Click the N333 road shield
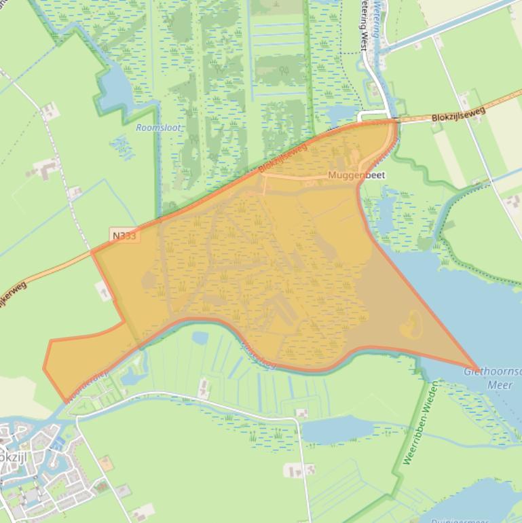[x=125, y=236]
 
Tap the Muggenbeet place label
[x=356, y=175]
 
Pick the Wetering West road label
[x=364, y=20]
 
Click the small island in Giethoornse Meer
[x=411, y=325]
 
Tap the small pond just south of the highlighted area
[x=200, y=338]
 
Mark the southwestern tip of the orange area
[x=64, y=401]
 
